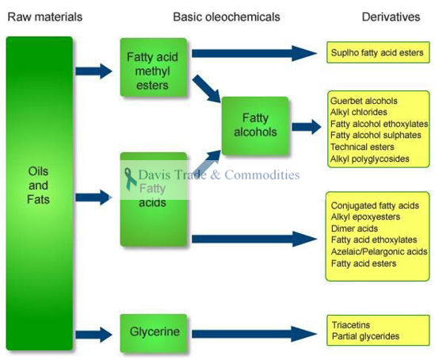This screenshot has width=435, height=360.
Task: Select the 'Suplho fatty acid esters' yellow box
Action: (378, 54)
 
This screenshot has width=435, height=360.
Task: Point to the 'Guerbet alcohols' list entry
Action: (364, 101)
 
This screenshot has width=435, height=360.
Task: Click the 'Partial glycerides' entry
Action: (365, 336)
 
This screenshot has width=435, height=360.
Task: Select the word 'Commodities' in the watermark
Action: (262, 174)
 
